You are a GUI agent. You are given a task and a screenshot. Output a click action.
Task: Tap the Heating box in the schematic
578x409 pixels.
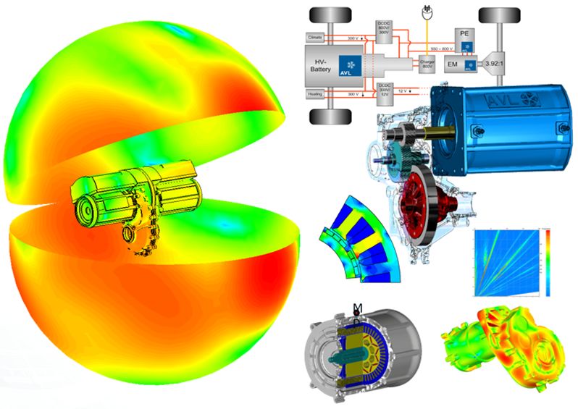coord(316,94)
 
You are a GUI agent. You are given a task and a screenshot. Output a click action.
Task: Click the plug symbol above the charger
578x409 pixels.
coord(427,11)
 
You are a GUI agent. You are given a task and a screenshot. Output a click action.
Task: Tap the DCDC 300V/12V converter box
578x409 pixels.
coord(384,91)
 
